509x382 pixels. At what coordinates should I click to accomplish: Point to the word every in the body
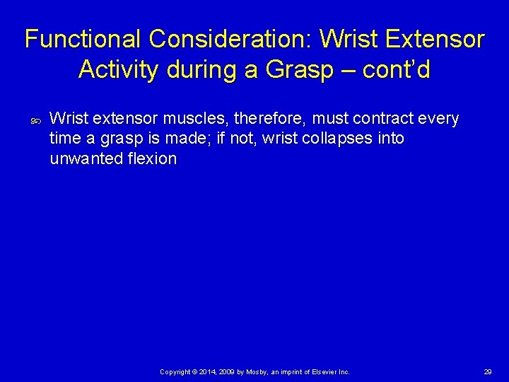click(439, 119)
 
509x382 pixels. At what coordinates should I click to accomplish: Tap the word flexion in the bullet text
click(151, 158)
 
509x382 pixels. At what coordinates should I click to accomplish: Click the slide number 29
click(487, 371)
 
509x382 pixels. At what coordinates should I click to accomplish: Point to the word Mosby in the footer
click(257, 371)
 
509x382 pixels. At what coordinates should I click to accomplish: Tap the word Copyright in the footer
click(176, 371)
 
